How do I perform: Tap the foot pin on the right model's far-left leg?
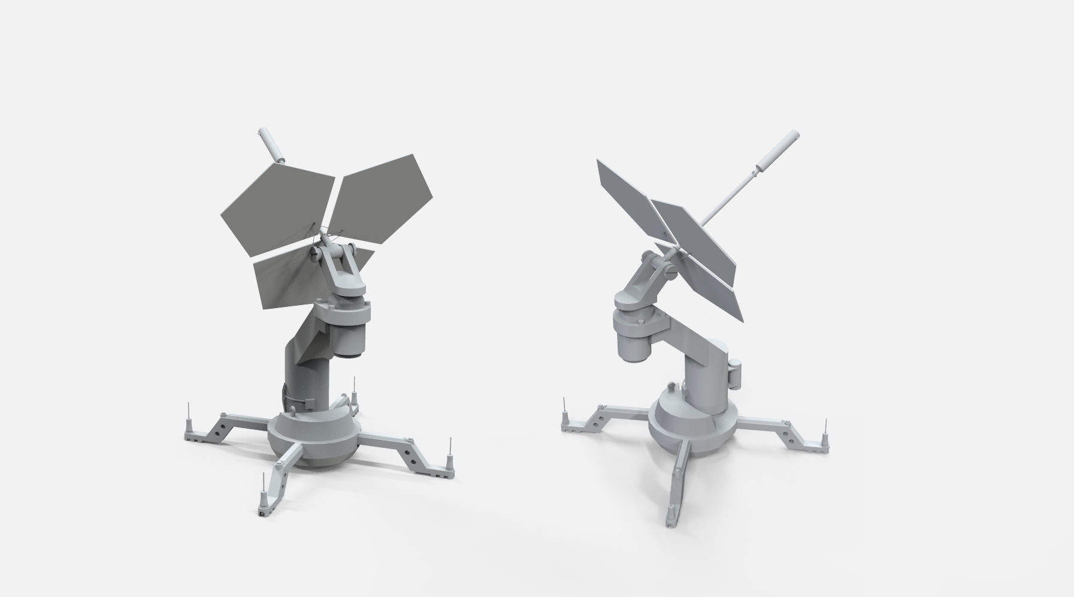[564, 414]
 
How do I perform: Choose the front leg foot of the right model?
[671, 515]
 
